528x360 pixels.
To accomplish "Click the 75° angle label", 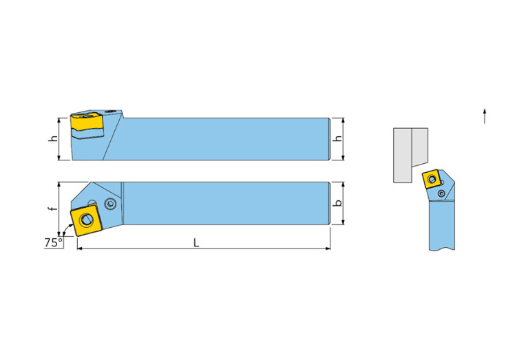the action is click(53, 242).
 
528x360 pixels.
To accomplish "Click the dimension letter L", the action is click(196, 242).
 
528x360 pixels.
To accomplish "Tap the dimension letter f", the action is click(52, 209).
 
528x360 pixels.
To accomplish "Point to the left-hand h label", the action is click(53, 138).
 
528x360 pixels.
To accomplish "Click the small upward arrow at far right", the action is click(485, 116).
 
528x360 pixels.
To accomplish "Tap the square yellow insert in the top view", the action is click(86, 220).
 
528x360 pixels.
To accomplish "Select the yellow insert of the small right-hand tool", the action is click(432, 180).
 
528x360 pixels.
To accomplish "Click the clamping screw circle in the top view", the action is click(109, 204).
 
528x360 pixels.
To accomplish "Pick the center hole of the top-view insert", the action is click(85, 220).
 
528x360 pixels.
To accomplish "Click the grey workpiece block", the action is click(411, 155).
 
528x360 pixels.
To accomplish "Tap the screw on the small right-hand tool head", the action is click(441, 193).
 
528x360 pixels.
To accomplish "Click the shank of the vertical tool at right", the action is click(442, 225).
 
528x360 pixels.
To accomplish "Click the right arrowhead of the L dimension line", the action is click(328, 248).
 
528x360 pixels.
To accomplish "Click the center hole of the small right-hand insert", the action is click(432, 180).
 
